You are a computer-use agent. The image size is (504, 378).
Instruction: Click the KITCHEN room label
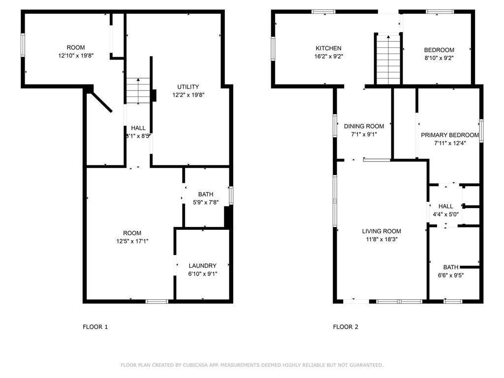tap(328, 48)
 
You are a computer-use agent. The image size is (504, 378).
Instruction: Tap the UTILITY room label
tap(188, 87)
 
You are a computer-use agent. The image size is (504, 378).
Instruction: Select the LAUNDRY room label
tap(202, 266)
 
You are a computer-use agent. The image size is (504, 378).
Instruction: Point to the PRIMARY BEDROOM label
tap(450, 135)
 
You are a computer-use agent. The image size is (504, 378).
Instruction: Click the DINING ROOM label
tap(364, 126)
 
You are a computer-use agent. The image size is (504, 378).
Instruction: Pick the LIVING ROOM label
tap(381, 231)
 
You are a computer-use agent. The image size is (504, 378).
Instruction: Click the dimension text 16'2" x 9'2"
tap(328, 57)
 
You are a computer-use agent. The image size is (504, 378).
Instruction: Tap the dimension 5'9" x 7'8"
tap(206, 202)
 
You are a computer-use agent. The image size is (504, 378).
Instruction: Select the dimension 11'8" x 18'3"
tap(381, 240)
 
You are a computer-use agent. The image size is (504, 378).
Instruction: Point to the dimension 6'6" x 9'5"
tap(451, 276)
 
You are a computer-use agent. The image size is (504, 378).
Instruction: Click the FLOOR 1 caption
tap(95, 327)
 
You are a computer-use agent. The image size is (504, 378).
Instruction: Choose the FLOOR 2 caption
tap(346, 327)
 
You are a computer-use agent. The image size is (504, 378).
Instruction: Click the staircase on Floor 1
tap(138, 91)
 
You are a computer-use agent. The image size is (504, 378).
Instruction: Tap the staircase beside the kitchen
tap(388, 60)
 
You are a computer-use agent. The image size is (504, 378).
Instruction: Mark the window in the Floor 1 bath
tap(231, 195)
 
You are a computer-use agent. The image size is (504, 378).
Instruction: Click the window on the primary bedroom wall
tap(481, 131)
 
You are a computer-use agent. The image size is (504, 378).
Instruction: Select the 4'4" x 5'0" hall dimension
tap(445, 215)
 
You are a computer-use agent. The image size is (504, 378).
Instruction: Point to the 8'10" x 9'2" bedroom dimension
tap(439, 58)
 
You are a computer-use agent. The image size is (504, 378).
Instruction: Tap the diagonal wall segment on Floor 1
tap(100, 101)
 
